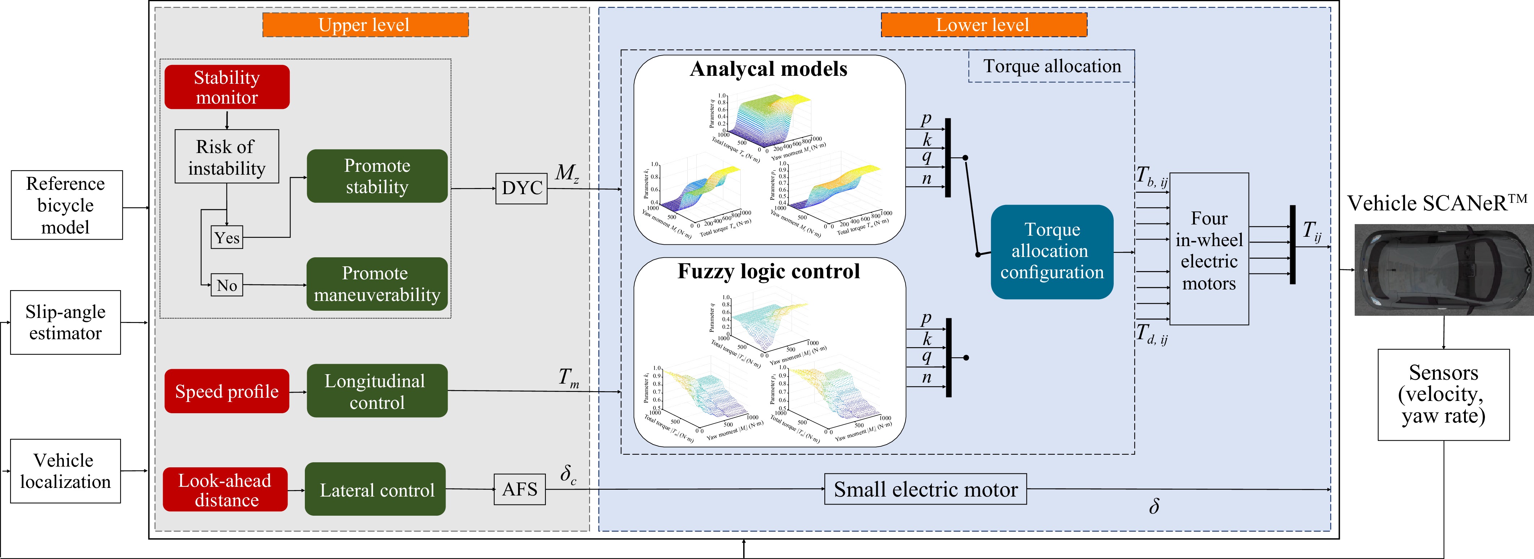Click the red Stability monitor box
[227, 87]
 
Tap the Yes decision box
[227, 237]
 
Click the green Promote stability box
[377, 176]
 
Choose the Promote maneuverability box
[377, 284]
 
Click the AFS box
[519, 489]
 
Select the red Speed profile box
[227, 391]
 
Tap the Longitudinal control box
[377, 391]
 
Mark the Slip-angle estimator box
[66, 322]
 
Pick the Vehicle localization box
[66, 471]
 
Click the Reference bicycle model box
[67, 205]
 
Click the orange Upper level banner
[365, 25]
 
